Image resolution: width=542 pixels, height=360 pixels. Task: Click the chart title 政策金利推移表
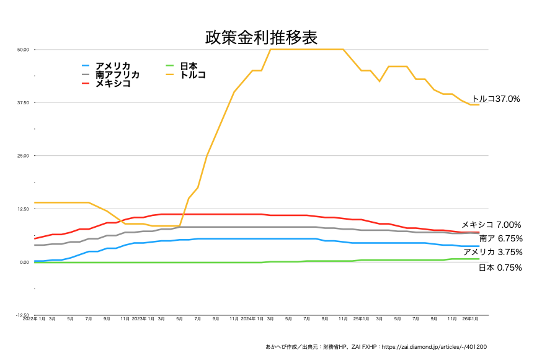[x=261, y=38]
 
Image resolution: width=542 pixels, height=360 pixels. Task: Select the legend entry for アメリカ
[x=112, y=66]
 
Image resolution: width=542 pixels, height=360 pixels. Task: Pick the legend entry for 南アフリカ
[x=117, y=74]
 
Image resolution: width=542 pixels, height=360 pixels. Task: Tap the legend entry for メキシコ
[x=112, y=83]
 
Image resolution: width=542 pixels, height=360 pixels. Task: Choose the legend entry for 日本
[x=189, y=66]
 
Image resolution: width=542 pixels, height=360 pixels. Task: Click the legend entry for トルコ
[x=192, y=74]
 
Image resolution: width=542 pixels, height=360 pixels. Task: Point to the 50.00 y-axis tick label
[x=24, y=50]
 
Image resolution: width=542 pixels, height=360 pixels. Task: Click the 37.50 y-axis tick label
[x=24, y=102]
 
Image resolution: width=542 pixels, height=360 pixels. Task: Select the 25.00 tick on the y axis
[x=24, y=156]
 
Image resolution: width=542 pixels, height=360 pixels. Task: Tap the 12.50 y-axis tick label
[x=24, y=209]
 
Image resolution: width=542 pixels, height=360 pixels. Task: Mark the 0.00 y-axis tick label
[x=25, y=263]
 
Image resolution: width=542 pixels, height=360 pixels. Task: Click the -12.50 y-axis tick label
[x=22, y=315]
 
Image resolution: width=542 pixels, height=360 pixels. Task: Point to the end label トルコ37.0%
[x=496, y=99]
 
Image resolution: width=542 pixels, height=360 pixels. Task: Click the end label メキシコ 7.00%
[x=491, y=225]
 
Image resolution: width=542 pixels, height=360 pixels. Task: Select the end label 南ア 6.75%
[x=500, y=238]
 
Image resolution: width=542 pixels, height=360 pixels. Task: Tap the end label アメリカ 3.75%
[x=492, y=252]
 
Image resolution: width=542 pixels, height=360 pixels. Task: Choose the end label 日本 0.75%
[x=500, y=268]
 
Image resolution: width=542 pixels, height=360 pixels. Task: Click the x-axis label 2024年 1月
[x=252, y=318]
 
